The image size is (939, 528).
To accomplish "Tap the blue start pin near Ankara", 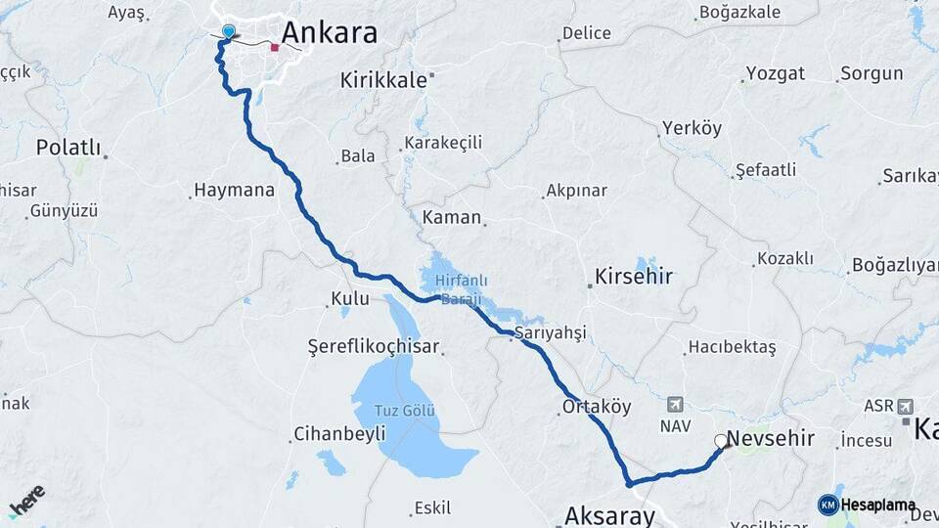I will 228,32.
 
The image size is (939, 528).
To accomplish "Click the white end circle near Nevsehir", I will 722,441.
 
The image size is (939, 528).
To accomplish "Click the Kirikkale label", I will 384,80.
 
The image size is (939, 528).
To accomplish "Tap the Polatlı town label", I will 68,148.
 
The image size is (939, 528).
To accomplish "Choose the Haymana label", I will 235,191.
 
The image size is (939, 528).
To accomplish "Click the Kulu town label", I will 350,298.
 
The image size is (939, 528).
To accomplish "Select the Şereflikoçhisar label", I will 374,347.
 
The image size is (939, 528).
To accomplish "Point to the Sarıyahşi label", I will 550,333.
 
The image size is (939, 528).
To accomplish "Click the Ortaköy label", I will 597,407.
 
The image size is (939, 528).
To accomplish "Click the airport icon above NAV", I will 675,404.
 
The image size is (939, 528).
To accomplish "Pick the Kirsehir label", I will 635,277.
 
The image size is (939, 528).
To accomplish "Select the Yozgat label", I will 776,73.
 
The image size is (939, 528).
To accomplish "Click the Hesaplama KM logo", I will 867,505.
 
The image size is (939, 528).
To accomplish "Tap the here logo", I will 26,501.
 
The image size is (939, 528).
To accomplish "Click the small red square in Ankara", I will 275,46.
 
